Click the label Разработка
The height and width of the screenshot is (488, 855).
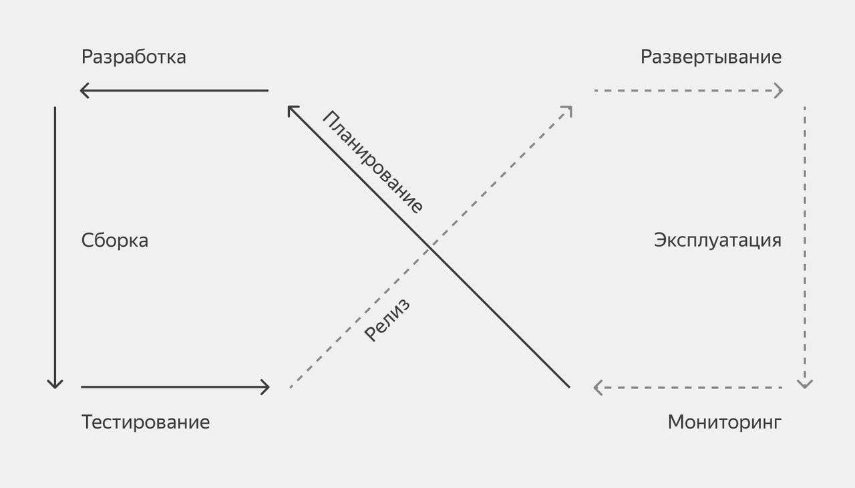click(134, 57)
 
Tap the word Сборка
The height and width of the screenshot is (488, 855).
click(114, 241)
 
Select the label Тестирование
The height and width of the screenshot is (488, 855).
click(145, 422)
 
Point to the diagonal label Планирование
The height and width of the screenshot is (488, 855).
click(373, 162)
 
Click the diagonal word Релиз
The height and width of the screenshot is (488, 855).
click(387, 320)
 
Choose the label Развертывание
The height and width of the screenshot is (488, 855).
click(711, 57)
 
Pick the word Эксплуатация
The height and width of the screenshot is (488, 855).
click(717, 241)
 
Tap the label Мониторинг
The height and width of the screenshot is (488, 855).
click(724, 422)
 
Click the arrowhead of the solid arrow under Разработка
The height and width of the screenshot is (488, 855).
click(82, 90)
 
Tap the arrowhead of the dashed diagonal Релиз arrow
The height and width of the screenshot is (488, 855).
click(569, 109)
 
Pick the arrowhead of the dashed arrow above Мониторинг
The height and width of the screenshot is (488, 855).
click(596, 387)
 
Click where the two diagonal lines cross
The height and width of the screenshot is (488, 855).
click(430, 248)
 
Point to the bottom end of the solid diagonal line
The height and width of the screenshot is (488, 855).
click(569, 387)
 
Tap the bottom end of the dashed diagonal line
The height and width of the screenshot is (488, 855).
click(291, 387)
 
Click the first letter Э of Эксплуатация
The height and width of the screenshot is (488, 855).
click(660, 241)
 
